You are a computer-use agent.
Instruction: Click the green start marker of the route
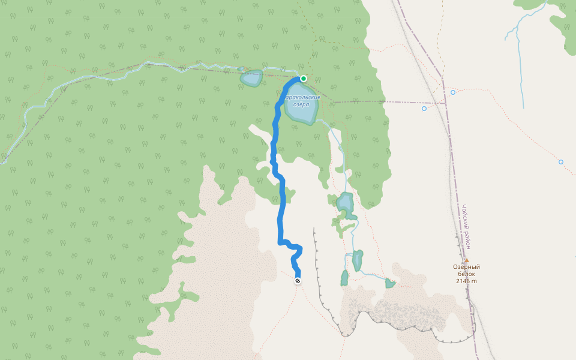(304, 79)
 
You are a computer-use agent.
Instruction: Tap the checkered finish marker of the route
(298, 280)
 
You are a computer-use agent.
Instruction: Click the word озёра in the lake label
(301, 104)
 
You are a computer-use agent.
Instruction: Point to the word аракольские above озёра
(302, 97)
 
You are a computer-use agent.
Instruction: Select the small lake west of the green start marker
(251, 78)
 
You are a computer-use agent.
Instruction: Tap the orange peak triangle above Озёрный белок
(466, 261)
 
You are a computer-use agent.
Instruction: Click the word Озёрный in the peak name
(466, 267)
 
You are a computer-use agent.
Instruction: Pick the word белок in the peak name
(466, 274)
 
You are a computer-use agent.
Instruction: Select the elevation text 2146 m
(466, 281)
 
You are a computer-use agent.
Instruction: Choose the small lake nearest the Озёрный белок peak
(390, 283)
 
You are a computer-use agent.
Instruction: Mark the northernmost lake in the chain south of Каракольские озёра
(345, 202)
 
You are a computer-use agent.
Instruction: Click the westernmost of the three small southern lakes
(344, 278)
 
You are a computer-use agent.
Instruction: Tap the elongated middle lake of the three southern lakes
(358, 260)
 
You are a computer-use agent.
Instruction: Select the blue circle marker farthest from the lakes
(561, 162)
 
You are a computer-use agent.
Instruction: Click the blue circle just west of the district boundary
(424, 109)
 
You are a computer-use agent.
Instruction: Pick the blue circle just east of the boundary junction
(453, 92)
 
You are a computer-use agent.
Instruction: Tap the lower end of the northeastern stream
(523, 108)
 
